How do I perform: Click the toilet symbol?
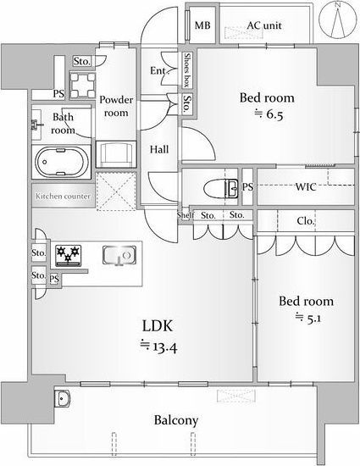pos(221,188)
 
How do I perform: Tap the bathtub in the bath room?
pos(62,162)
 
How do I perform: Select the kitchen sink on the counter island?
pos(119,255)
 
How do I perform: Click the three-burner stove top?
pos(69,255)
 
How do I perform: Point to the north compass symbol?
pos(338,19)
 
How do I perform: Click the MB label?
pos(202,25)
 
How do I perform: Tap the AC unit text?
pos(264,25)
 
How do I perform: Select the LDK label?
pos(158,325)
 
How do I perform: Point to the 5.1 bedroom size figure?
pos(313,319)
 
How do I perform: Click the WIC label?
pos(306,187)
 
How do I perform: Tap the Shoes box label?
pos(187,69)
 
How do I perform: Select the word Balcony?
pos(176,420)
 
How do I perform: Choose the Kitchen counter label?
pos(63,197)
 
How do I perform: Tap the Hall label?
pos(159,149)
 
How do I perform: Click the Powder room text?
pos(116,106)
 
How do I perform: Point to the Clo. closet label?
pos(305,221)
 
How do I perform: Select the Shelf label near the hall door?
pos(186,215)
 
